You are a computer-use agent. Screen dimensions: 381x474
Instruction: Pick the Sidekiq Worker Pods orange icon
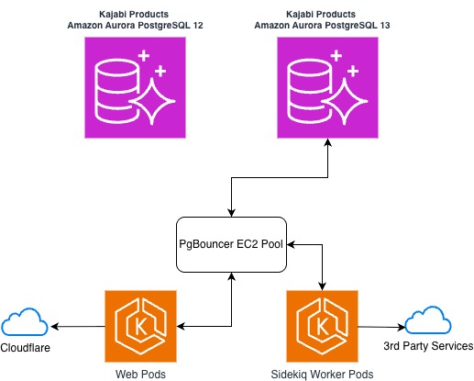coord(322,326)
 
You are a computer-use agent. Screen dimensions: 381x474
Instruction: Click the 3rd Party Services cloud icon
coord(429,322)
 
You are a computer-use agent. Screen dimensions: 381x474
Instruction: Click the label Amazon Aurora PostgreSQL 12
coord(135,27)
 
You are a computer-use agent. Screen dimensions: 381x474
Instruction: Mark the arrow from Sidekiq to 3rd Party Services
coord(380,326)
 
